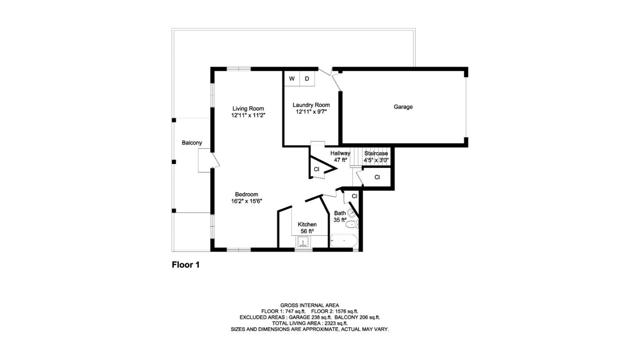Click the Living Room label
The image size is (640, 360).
[x=248, y=108]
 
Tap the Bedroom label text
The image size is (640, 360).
[x=247, y=194]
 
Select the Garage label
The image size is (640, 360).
[x=403, y=107]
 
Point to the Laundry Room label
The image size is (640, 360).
[x=311, y=105]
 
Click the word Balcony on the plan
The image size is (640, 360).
[x=191, y=143]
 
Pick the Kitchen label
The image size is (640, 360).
[x=307, y=224]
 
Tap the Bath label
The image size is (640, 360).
[x=340, y=213]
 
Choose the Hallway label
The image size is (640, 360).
[x=340, y=153]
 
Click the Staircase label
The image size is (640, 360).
[x=376, y=153]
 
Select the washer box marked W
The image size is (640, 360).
[x=292, y=78]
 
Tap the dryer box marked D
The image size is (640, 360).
[x=307, y=78]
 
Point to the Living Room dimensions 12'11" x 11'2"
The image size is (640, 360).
[x=248, y=116]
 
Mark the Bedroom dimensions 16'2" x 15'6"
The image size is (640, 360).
[x=248, y=202]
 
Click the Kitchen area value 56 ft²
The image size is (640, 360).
[x=307, y=231]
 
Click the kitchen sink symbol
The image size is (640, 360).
[x=305, y=240]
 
